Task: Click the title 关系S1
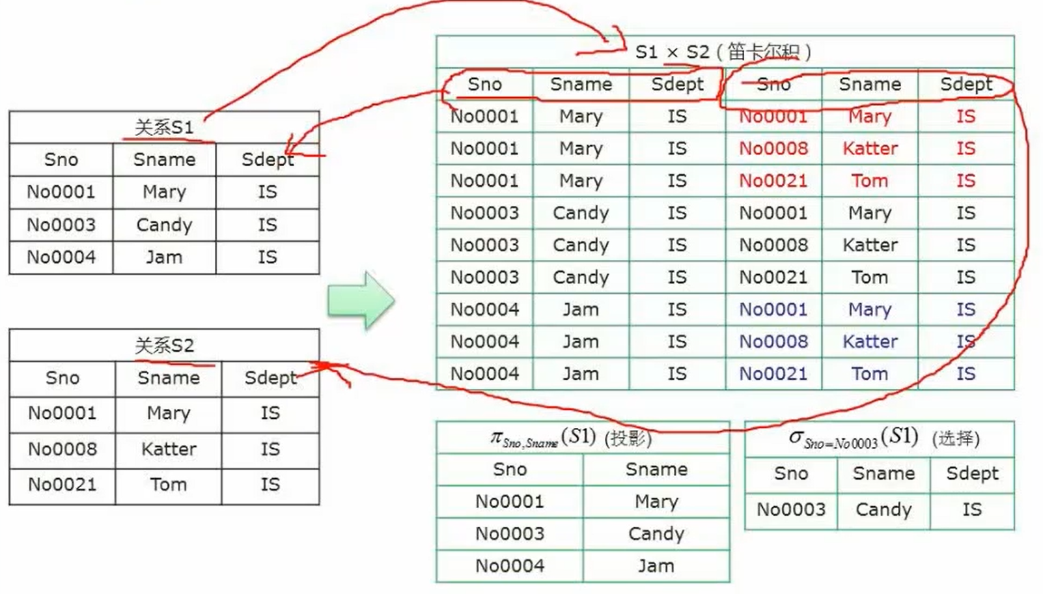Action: pyautogui.click(x=163, y=127)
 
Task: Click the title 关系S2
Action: pyautogui.click(x=164, y=345)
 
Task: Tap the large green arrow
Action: pyautogui.click(x=360, y=300)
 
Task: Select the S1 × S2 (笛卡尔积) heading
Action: pyautogui.click(x=723, y=51)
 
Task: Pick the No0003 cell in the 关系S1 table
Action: pyautogui.click(x=61, y=225)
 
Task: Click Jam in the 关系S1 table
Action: pyautogui.click(x=163, y=257)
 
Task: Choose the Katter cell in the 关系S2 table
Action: pyautogui.click(x=169, y=449)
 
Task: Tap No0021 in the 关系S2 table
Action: pyautogui.click(x=62, y=485)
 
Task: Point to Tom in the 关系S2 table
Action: pyautogui.click(x=169, y=485)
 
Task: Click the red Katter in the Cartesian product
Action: pyautogui.click(x=870, y=148)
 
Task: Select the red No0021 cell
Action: pyautogui.click(x=773, y=180)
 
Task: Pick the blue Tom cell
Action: pyautogui.click(x=870, y=374)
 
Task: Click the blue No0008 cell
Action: pyautogui.click(x=773, y=341)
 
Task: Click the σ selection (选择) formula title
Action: pyautogui.click(x=883, y=438)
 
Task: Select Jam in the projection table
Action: pyautogui.click(x=656, y=566)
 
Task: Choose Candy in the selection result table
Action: pyautogui.click(x=883, y=509)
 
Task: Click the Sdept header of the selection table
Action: pyautogui.click(x=972, y=474)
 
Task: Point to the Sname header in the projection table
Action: pyautogui.click(x=656, y=469)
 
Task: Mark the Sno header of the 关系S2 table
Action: pyautogui.click(x=62, y=378)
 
